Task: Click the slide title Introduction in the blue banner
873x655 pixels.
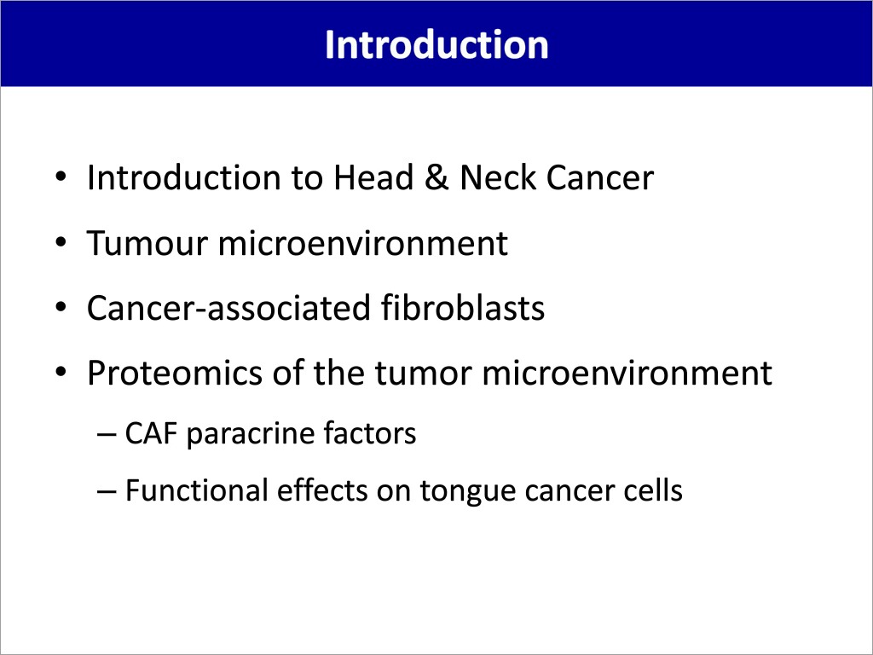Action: (x=436, y=44)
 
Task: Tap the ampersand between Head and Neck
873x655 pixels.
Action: (x=436, y=177)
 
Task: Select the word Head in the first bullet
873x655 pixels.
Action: (x=373, y=177)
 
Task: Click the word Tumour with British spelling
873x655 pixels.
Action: (x=147, y=243)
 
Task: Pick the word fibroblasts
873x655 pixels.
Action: (x=463, y=307)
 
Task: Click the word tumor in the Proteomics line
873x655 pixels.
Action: (x=423, y=374)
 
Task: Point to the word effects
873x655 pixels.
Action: (x=321, y=490)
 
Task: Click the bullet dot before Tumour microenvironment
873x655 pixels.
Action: (x=61, y=243)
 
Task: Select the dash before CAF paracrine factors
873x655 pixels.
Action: (x=106, y=434)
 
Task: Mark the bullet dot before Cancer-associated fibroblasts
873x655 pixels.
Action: (x=61, y=307)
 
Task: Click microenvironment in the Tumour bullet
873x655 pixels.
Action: (x=363, y=243)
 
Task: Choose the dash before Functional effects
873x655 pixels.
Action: (x=106, y=491)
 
